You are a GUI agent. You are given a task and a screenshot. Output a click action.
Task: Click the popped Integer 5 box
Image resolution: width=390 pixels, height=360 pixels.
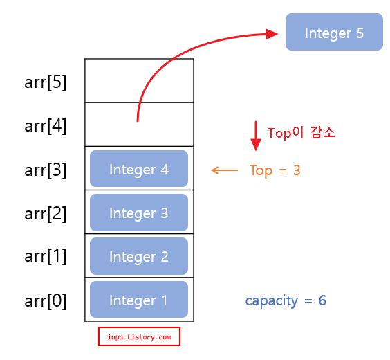[334, 33]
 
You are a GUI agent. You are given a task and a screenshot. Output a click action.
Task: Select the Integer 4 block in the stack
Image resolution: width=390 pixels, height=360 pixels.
[139, 169]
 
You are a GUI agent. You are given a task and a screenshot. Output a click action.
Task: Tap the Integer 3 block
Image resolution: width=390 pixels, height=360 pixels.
[139, 213]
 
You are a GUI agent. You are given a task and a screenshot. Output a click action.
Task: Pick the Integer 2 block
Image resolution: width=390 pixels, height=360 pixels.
[139, 256]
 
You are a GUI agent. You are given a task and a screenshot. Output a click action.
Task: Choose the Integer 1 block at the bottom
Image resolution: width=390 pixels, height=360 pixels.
[139, 300]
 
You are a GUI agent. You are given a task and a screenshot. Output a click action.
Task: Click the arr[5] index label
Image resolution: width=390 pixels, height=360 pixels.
[46, 82]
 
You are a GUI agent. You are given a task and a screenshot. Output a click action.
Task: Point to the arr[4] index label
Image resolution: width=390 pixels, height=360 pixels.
[46, 125]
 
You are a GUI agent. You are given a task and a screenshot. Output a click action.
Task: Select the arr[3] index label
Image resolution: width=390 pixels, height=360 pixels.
[46, 169]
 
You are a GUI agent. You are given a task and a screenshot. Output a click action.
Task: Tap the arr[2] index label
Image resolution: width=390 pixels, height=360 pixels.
[46, 213]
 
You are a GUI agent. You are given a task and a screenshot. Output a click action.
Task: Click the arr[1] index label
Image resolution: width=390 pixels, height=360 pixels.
[46, 256]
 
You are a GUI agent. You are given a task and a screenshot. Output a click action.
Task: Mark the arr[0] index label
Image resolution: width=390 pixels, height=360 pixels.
[46, 300]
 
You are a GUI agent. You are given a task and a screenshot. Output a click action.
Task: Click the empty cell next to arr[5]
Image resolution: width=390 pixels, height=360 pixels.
[139, 80]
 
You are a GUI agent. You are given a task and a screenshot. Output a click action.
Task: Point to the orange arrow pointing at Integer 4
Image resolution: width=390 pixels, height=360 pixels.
[224, 170]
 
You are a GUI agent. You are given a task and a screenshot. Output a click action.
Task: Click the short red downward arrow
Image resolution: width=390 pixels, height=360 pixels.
[256, 136]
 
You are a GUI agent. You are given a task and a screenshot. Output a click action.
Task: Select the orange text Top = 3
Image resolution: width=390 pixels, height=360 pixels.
[275, 170]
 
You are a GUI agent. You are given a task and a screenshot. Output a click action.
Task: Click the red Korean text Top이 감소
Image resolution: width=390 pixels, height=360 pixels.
[301, 133]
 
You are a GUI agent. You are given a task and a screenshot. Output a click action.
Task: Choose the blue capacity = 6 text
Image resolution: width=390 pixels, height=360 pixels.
[285, 300]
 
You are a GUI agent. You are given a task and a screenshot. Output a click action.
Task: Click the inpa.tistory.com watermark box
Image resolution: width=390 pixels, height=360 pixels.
[139, 337]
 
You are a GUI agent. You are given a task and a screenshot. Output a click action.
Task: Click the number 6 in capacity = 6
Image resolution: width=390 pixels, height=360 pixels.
[322, 300]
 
